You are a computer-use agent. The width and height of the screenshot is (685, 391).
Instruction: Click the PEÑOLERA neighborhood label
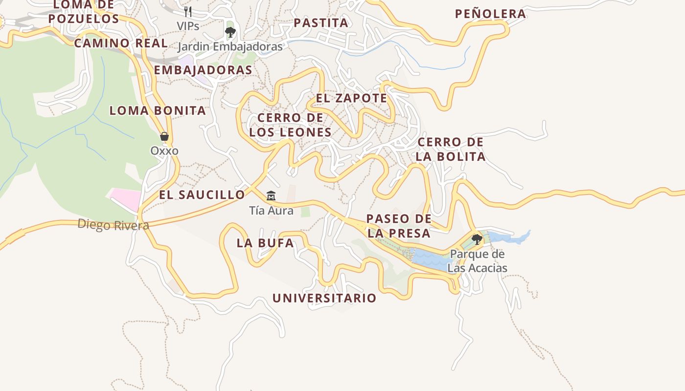tap(490, 14)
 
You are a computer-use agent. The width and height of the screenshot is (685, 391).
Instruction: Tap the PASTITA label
tap(321, 22)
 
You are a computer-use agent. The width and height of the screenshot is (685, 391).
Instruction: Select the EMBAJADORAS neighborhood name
tap(203, 70)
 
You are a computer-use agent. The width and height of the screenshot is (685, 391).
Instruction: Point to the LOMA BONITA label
tap(158, 110)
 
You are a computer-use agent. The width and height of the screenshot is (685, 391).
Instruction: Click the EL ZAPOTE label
tap(351, 98)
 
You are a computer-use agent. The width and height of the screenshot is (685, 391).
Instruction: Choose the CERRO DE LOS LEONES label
tap(290, 125)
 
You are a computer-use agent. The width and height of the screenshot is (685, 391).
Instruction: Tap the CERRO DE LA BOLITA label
tap(451, 149)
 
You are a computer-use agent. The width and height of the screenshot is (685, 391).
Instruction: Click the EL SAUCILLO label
tap(202, 195)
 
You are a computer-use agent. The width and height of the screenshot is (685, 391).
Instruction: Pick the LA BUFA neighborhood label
tap(265, 243)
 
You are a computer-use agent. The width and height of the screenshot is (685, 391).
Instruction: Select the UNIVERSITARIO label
tap(324, 298)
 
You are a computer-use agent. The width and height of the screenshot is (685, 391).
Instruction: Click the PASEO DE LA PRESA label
tap(399, 226)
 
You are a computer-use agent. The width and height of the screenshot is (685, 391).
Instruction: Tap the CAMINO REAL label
tap(121, 43)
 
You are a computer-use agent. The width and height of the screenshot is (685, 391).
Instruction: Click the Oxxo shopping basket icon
tap(164, 136)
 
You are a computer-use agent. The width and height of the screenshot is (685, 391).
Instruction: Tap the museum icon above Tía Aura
tap(271, 196)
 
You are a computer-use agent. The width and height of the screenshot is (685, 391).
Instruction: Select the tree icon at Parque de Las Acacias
tap(477, 239)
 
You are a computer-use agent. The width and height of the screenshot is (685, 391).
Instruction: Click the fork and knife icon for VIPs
tap(188, 11)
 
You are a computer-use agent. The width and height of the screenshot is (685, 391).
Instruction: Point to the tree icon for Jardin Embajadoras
tap(230, 32)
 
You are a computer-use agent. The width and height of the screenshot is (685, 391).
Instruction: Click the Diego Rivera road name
tap(113, 225)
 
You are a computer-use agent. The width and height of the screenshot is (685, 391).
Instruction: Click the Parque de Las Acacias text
tap(477, 261)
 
